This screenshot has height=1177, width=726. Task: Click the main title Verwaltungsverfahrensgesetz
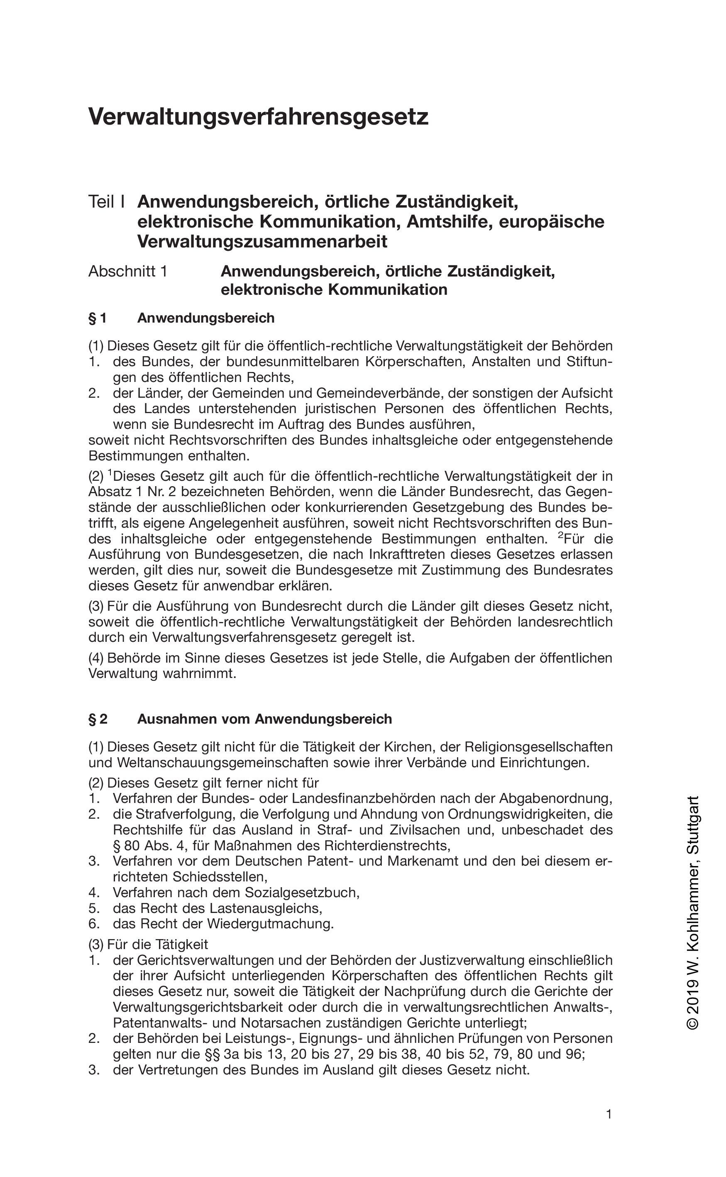tap(258, 117)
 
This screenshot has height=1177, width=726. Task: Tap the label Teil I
tap(107, 202)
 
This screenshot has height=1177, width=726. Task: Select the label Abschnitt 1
tap(128, 272)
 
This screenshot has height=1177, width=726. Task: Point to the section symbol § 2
tap(98, 719)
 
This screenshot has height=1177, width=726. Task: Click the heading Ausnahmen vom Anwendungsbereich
tap(264, 719)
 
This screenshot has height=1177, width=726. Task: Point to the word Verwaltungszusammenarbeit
tap(262, 242)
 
